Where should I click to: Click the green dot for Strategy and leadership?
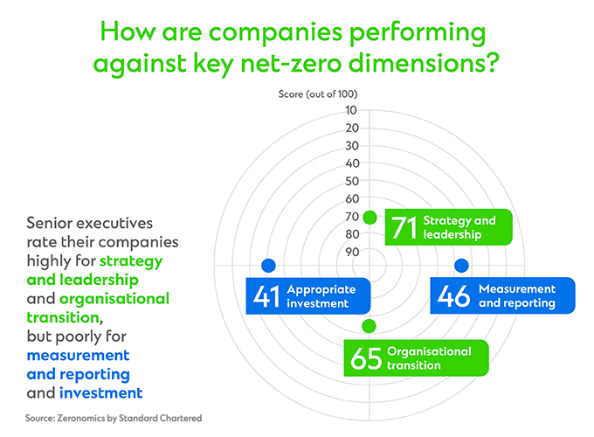pyautogui.click(x=370, y=218)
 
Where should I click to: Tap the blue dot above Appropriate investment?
pyautogui.click(x=268, y=266)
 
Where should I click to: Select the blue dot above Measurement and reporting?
pyautogui.click(x=461, y=266)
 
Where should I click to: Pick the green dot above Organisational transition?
pyautogui.click(x=369, y=326)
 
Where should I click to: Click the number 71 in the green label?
pyautogui.click(x=404, y=228)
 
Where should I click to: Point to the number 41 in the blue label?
pyautogui.click(x=266, y=296)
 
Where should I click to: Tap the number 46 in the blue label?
pyautogui.click(x=453, y=295)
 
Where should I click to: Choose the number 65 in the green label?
pyautogui.click(x=366, y=358)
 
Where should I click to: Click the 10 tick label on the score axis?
pyautogui.click(x=351, y=110)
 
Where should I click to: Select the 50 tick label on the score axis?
pyautogui.click(x=352, y=181)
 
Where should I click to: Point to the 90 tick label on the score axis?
pyautogui.click(x=352, y=252)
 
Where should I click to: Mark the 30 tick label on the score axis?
pyautogui.click(x=352, y=146)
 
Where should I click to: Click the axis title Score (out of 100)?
pyautogui.click(x=318, y=94)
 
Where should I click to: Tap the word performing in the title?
pyautogui.click(x=418, y=33)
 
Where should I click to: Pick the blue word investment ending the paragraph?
pyautogui.click(x=100, y=393)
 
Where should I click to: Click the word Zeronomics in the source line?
pyautogui.click(x=81, y=418)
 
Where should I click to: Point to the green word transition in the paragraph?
pyautogui.click(x=63, y=317)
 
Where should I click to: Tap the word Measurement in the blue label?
pyautogui.click(x=517, y=288)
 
